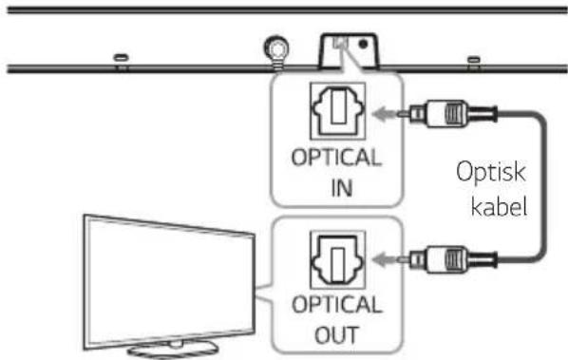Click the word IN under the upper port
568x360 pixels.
pos(342,188)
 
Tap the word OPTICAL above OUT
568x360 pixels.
pos(336,305)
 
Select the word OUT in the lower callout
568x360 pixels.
pos(337,334)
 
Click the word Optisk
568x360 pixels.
pos(490,172)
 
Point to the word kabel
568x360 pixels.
pos(499,206)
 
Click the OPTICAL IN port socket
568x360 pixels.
pos(337,111)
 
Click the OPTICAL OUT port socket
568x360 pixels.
pos(337,259)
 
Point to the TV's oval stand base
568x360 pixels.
pos(173,350)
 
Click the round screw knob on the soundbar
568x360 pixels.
pos(276,48)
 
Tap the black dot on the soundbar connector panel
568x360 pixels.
pos(363,45)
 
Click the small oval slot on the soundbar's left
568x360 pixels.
pos(121,58)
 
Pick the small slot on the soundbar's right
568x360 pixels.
pos(473,60)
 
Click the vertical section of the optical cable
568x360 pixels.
pos(543,186)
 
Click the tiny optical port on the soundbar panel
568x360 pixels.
pos(340,43)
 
